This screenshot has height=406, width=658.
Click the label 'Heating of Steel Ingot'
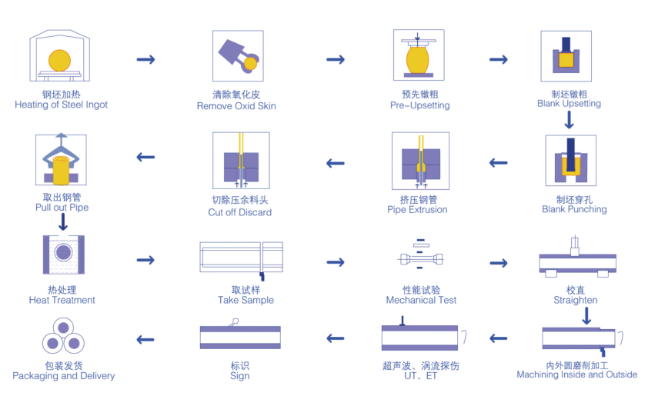[62, 105]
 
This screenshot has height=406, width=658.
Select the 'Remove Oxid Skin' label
[236, 105]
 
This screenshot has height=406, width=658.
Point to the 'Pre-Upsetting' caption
[419, 105]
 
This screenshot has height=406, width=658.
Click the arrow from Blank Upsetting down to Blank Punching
[569, 120]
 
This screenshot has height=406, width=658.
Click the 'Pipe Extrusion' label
[417, 210]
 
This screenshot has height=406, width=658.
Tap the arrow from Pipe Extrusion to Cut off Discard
[335, 163]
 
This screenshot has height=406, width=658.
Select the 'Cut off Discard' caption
[239, 212]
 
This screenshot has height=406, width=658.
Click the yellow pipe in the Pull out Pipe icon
[62, 169]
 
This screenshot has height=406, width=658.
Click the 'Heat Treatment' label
[62, 300]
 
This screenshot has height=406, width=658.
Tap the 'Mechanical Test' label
[421, 300]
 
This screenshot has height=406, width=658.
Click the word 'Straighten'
[575, 300]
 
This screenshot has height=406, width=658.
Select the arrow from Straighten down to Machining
[586, 315]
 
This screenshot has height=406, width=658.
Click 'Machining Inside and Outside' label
[576, 374]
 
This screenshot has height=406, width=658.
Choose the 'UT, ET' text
[420, 376]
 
